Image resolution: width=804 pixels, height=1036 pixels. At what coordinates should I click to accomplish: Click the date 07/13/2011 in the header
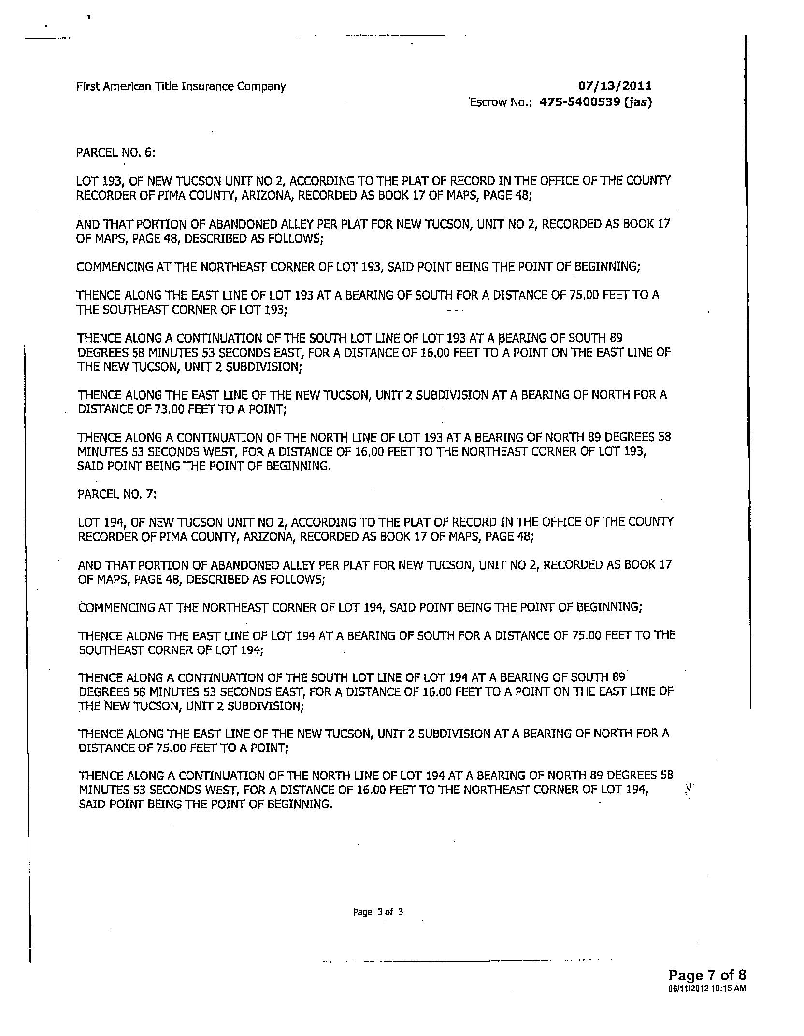click(615, 86)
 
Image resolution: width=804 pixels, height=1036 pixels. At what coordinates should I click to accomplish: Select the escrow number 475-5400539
click(579, 102)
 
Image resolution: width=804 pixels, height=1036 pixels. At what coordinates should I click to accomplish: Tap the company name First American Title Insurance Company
click(181, 86)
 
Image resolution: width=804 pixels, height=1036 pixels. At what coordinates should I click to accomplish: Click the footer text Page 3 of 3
click(378, 912)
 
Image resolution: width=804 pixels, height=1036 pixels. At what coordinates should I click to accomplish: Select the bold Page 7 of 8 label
click(707, 975)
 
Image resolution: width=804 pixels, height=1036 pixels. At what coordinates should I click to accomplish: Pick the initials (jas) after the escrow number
click(638, 102)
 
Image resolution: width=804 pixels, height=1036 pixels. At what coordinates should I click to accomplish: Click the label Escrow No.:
click(501, 102)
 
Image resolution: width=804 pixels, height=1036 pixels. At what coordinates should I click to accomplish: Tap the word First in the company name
click(86, 86)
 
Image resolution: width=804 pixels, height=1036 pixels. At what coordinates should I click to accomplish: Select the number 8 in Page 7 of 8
click(742, 975)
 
